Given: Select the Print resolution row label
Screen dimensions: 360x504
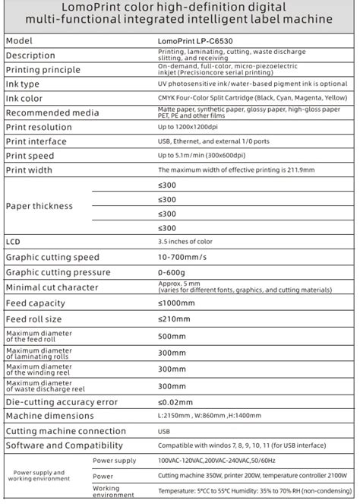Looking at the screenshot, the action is (x=39, y=127).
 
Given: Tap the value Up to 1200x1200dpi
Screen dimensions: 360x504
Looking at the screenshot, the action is (x=188, y=127).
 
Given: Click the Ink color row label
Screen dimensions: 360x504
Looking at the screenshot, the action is (x=27, y=98).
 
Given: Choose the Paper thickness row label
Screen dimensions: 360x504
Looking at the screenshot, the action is (x=39, y=206).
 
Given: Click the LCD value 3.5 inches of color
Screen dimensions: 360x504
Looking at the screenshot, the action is (x=186, y=242).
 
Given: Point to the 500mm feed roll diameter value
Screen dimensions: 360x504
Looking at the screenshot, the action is (x=172, y=336).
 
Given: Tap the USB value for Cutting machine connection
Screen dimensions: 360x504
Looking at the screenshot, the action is (x=164, y=431).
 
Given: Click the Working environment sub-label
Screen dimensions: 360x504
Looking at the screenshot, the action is (x=106, y=492).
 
